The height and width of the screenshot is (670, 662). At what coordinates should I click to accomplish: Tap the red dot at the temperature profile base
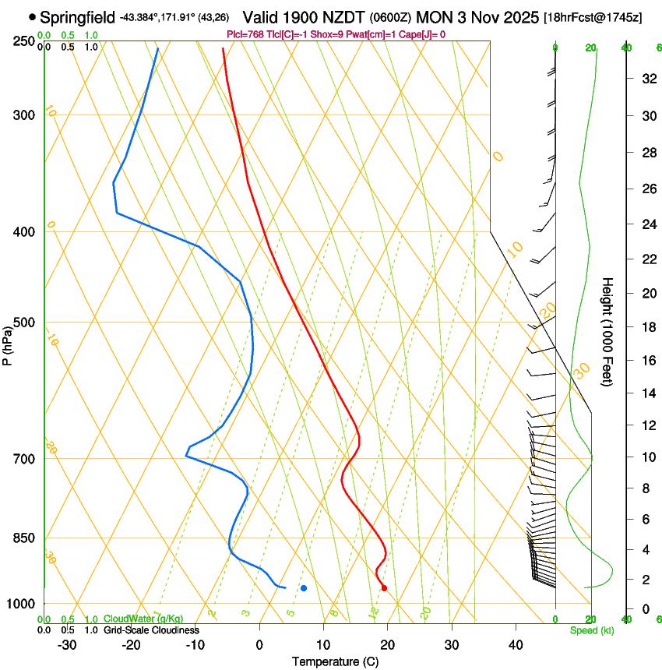(384, 587)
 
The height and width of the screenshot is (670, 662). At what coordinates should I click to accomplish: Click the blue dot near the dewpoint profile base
(304, 587)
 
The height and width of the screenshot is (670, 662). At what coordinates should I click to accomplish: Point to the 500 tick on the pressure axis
(24, 323)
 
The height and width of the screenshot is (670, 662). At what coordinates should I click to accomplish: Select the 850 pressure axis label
(24, 538)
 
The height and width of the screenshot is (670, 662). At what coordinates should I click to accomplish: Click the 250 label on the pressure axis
(24, 41)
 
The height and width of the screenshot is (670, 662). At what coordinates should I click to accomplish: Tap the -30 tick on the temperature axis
(67, 644)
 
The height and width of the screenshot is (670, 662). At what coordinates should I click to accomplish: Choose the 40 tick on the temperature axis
(515, 644)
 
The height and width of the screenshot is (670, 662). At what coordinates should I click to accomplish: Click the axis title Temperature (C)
(335, 661)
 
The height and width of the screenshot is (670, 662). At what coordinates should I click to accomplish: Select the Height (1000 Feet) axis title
(608, 331)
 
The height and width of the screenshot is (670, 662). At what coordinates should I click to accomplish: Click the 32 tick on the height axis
(647, 78)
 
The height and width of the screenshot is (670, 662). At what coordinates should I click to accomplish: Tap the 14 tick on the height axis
(647, 393)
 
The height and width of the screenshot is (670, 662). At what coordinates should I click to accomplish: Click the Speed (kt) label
(592, 630)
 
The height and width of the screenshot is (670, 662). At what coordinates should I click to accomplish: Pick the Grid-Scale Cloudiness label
(151, 629)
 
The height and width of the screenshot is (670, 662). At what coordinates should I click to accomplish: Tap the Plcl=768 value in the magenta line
(246, 34)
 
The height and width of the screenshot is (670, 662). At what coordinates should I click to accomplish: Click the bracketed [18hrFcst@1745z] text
(593, 17)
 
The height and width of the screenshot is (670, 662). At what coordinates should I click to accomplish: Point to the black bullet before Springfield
(32, 16)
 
